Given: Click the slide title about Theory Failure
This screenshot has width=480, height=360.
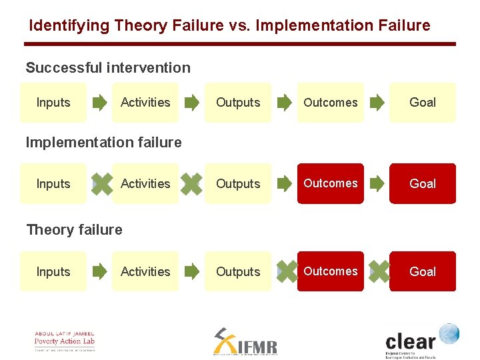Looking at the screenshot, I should click(x=229, y=26).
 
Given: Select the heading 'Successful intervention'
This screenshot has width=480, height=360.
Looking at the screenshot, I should click(x=108, y=68).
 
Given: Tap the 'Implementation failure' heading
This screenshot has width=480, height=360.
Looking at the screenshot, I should click(x=103, y=142).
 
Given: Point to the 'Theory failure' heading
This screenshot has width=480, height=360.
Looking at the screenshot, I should click(x=74, y=230).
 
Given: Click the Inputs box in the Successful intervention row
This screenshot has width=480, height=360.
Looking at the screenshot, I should click(x=53, y=103).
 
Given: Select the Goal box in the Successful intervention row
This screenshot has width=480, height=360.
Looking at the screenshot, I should click(x=423, y=103).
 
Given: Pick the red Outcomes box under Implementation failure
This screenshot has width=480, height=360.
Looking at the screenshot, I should click(x=331, y=183).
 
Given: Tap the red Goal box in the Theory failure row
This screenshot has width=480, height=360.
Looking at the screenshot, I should click(x=423, y=271).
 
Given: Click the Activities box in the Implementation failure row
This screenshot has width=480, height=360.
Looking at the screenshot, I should click(x=145, y=183).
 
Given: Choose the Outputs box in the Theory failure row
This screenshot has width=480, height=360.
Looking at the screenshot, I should click(x=238, y=271).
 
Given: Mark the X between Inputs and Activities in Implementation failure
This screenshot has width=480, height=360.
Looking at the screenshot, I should click(x=101, y=184).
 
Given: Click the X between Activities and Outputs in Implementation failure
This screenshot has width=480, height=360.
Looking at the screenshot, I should click(x=192, y=184).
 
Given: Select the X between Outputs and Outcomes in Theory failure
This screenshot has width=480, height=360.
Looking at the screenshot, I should click(x=286, y=271).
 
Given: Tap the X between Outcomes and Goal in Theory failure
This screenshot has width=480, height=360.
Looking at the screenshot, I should click(x=378, y=271).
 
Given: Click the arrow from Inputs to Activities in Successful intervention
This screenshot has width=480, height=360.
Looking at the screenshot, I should click(x=99, y=103).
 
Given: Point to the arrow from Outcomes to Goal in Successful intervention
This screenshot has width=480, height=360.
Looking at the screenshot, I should click(x=377, y=103).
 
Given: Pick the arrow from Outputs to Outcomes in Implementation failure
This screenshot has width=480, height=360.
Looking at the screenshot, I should click(x=285, y=184).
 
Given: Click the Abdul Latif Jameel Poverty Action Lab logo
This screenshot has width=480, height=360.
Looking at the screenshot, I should click(x=65, y=341).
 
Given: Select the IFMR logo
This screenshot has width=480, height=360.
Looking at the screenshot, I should click(x=245, y=341).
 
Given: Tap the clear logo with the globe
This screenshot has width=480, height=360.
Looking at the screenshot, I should click(x=421, y=340).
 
